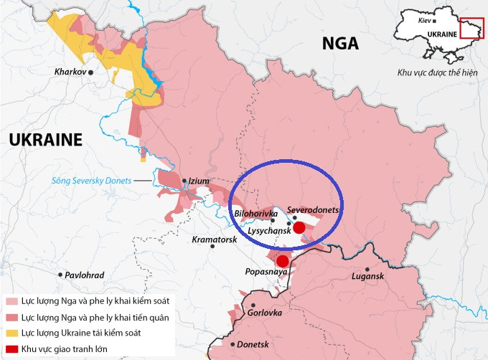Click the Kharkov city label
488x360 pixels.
70,72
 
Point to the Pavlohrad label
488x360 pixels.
84,275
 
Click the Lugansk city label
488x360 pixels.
369,276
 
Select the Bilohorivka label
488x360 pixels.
256,214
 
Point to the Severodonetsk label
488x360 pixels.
312,209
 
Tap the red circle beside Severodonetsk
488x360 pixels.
300,227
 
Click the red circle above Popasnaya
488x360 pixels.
283,261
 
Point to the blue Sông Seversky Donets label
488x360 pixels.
91,181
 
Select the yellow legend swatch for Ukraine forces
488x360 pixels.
11,333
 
